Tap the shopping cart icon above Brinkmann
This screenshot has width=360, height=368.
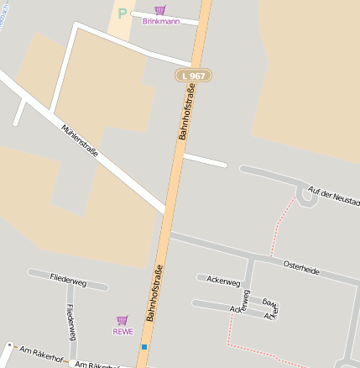[159, 9]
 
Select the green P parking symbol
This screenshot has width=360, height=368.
[123, 13]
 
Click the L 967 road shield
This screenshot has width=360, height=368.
[193, 76]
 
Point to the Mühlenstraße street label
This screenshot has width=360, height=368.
[80, 140]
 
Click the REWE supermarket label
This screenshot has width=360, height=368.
[123, 331]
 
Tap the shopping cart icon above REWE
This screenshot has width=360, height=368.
[123, 320]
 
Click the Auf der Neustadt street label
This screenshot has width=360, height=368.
[334, 197]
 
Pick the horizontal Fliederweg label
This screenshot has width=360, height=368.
[68, 278]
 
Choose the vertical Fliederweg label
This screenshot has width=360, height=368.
[71, 322]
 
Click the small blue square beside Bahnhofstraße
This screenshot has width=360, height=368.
[144, 346]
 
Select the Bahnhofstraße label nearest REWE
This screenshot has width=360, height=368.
[154, 293]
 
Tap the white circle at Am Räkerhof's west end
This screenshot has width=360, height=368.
[8, 345]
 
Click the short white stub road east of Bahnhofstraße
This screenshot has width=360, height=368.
[205, 160]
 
